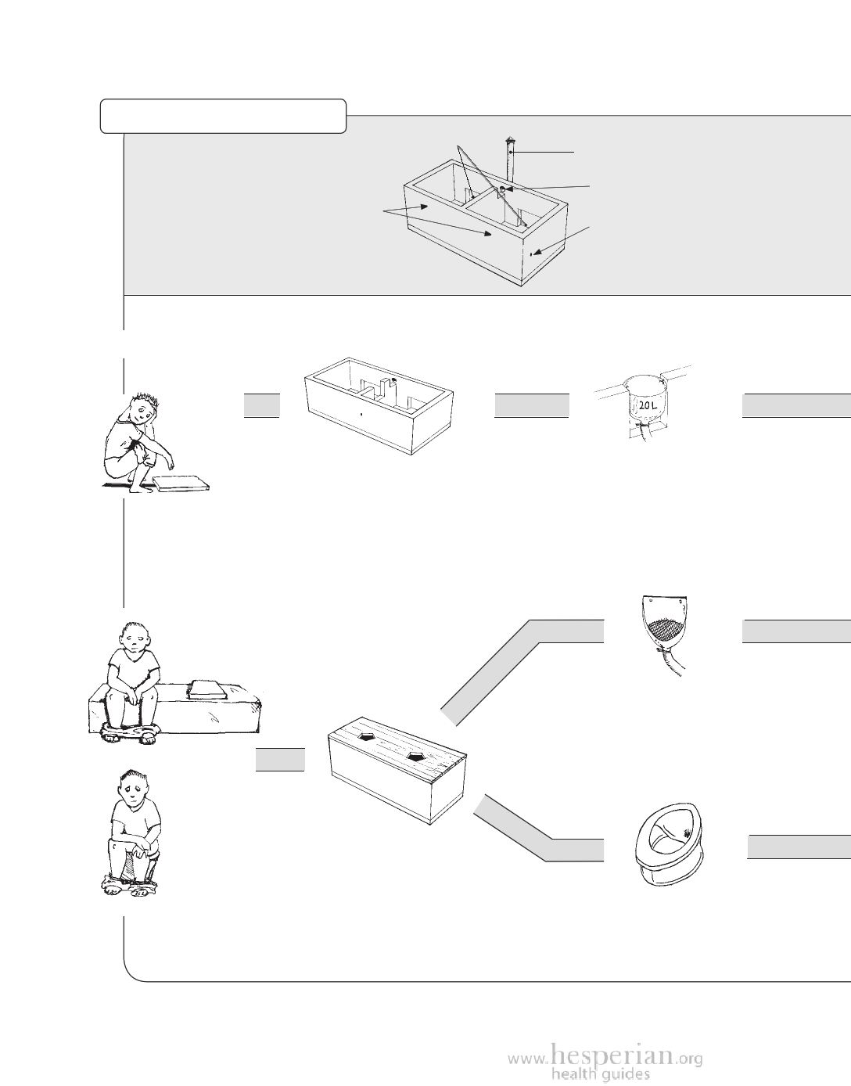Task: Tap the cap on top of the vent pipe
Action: point(509,142)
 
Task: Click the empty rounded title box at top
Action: point(223,115)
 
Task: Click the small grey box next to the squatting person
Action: point(261,406)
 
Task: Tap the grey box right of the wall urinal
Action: point(795,631)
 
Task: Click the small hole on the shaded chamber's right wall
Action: point(532,254)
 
